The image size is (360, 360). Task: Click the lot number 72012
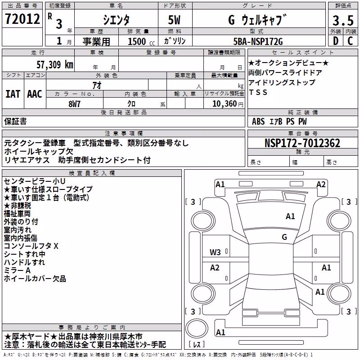coord(22,19)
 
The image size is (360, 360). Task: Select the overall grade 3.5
coord(343,20)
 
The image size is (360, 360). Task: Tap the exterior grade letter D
coord(336,41)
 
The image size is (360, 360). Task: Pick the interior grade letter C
coord(350,41)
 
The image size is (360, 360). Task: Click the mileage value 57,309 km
coord(55,65)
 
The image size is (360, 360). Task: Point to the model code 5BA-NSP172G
coord(258,41)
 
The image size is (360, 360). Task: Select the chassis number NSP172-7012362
coord(302,143)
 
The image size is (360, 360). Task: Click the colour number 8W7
coord(74,104)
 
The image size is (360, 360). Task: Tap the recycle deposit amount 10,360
coord(225,104)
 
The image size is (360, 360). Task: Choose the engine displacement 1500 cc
coord(141,41)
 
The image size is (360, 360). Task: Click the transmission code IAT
coord(13,94)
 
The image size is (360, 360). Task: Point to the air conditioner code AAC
coord(35,94)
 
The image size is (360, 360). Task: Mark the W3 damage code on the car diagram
coord(215,252)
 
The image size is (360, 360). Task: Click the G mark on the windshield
coord(284,237)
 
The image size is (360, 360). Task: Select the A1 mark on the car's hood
coord(290,216)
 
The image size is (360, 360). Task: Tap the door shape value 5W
coord(174,20)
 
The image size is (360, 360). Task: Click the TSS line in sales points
coord(258,92)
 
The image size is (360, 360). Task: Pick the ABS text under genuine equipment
coord(258,121)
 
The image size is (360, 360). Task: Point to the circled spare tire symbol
coord(197,328)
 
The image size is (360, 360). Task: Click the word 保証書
coord(15,121)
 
